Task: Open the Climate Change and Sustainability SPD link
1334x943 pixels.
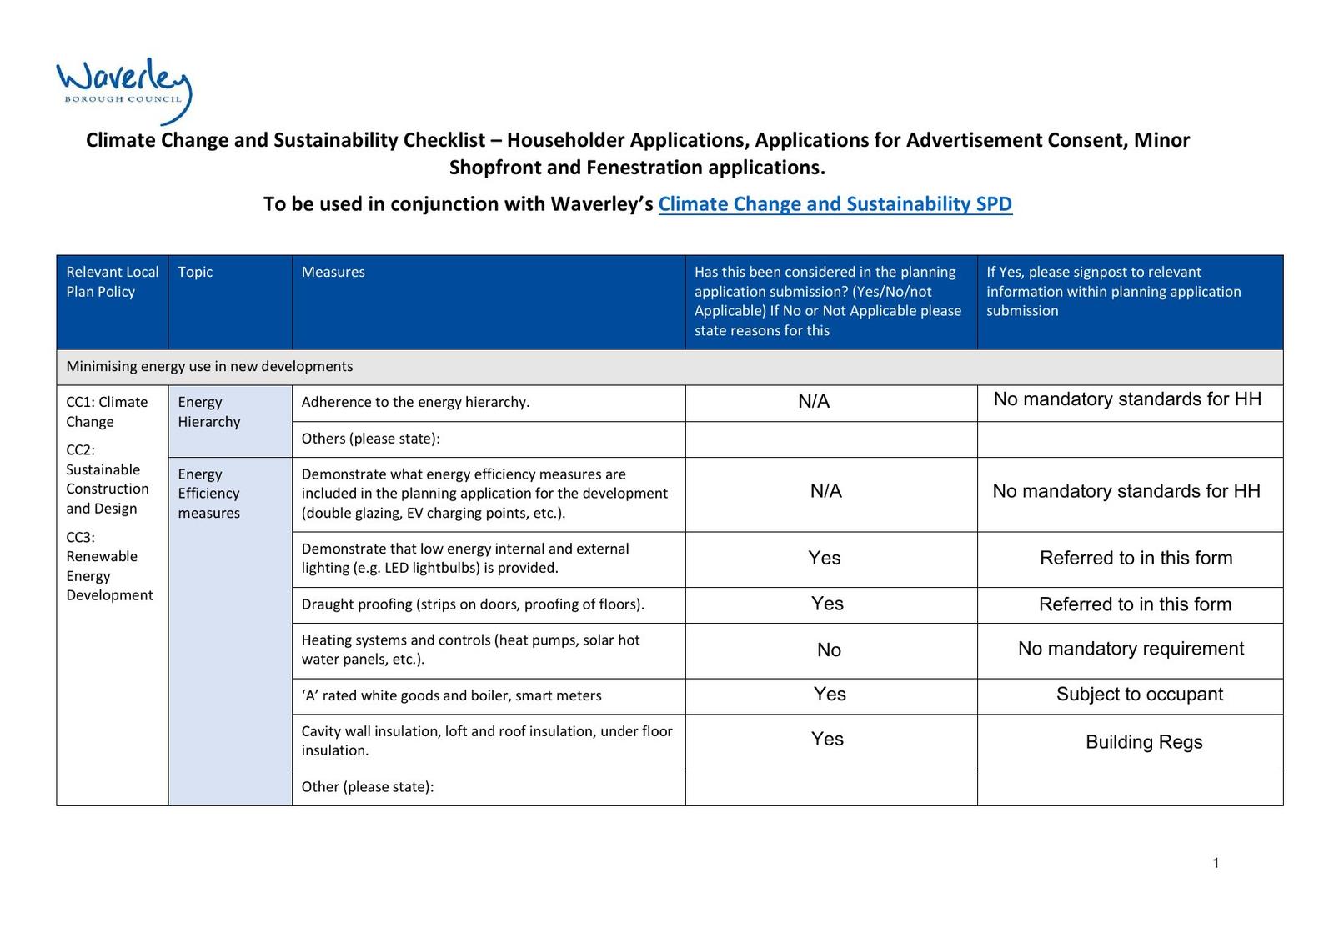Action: pyautogui.click(x=835, y=204)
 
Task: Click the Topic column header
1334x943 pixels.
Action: pyautogui.click(x=195, y=272)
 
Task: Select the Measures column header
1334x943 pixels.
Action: pyautogui.click(x=333, y=272)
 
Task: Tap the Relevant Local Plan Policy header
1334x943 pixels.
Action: pyautogui.click(x=112, y=282)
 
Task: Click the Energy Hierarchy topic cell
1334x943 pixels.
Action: pyautogui.click(x=208, y=412)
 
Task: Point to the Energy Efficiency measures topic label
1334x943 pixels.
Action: pyautogui.click(x=208, y=494)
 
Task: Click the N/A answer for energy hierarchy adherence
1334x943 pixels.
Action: pyautogui.click(x=814, y=402)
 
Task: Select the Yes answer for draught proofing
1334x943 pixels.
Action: pyautogui.click(x=827, y=604)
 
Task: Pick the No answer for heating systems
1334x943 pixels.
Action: pyautogui.click(x=829, y=650)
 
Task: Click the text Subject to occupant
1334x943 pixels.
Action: pyautogui.click(x=1139, y=695)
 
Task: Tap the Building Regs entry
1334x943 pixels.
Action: pyautogui.click(x=1143, y=742)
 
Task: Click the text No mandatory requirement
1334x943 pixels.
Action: pyautogui.click(x=1131, y=649)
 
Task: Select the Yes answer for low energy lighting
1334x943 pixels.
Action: pyautogui.click(x=825, y=559)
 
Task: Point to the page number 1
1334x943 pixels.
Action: pyautogui.click(x=1216, y=863)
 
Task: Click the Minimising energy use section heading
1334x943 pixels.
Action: pyautogui.click(x=209, y=366)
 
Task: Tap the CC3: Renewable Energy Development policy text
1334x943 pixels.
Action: pyautogui.click(x=109, y=566)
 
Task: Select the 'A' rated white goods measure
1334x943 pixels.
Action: pyautogui.click(x=451, y=695)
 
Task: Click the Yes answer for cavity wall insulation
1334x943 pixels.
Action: pyautogui.click(x=827, y=739)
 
